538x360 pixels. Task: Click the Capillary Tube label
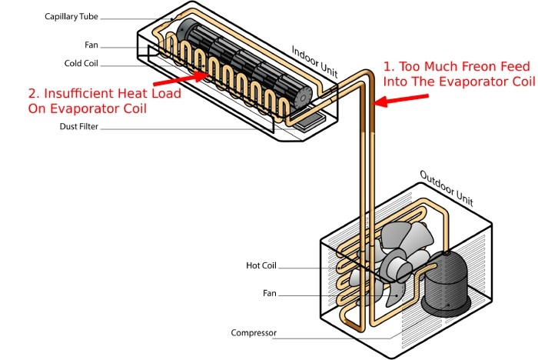[x=71, y=15]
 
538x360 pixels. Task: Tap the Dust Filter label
[x=78, y=127]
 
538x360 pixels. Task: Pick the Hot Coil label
[x=261, y=266]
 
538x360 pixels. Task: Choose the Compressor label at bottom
[x=254, y=333]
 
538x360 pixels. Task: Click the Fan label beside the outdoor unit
[x=268, y=293]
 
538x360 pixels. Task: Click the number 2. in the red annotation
[x=35, y=93]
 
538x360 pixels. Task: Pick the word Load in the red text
[x=164, y=93]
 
